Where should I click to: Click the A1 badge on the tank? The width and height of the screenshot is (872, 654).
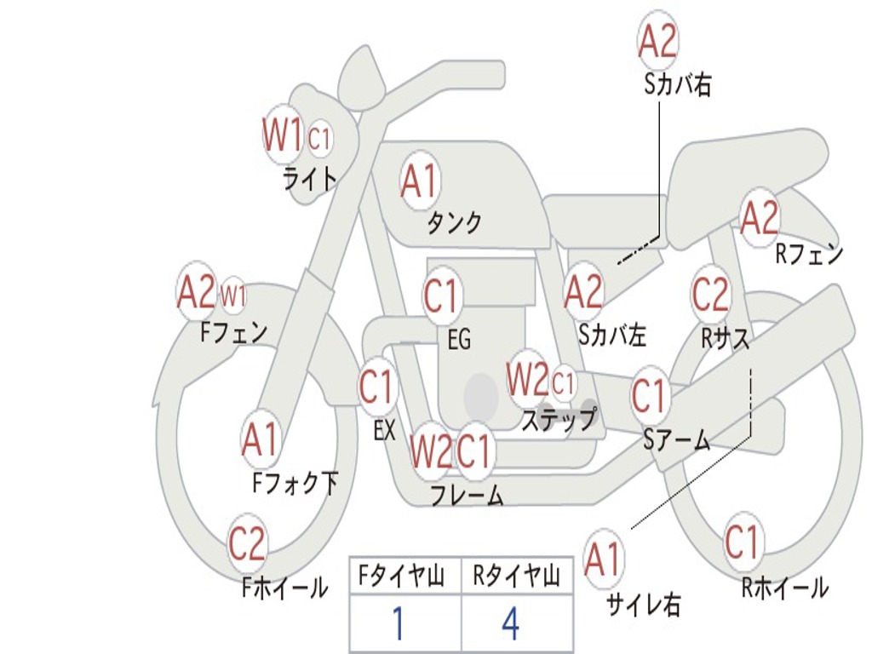tap(420, 181)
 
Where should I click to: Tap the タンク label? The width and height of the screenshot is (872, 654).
tap(455, 222)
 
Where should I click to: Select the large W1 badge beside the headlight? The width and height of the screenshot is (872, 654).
tap(283, 135)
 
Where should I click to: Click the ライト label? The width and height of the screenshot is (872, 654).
tap(309, 179)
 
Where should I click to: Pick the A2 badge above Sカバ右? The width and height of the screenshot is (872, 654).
tap(658, 40)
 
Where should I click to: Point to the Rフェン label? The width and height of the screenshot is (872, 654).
tap(809, 254)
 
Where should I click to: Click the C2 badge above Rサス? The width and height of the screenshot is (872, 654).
tap(710, 294)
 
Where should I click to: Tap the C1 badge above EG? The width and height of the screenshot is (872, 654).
tap(442, 295)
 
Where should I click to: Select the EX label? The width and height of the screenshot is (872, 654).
tap(384, 430)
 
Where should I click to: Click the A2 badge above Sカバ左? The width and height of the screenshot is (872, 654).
tap(583, 292)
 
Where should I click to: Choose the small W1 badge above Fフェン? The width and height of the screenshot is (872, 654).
tap(233, 295)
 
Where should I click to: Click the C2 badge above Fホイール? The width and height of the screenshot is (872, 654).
tap(248, 542)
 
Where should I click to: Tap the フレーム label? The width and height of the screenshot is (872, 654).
tap(468, 495)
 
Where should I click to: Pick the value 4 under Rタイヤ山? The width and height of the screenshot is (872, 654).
tap(511, 623)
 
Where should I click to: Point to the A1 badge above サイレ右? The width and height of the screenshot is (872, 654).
tap(603, 559)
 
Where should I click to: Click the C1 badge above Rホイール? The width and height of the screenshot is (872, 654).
tap(742, 542)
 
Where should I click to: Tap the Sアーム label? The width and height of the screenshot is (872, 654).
tap(676, 440)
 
